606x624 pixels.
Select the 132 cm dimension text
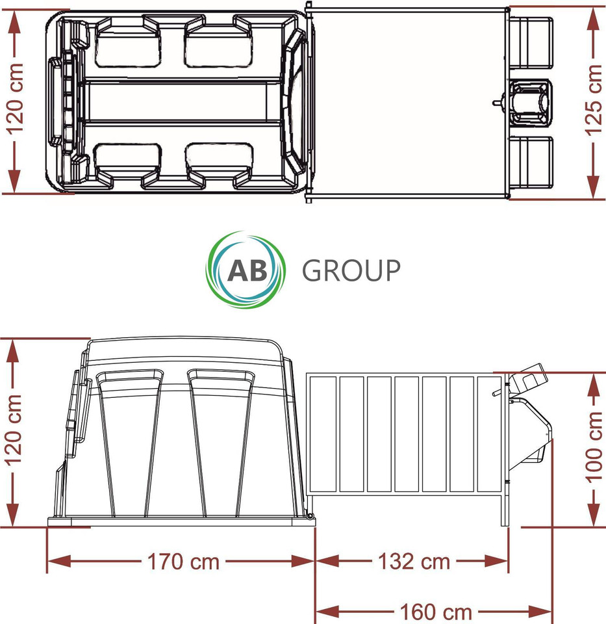[412, 561]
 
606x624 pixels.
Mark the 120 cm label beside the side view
[15, 430]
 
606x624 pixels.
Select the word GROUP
[351, 270]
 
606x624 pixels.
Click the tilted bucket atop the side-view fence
[527, 383]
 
